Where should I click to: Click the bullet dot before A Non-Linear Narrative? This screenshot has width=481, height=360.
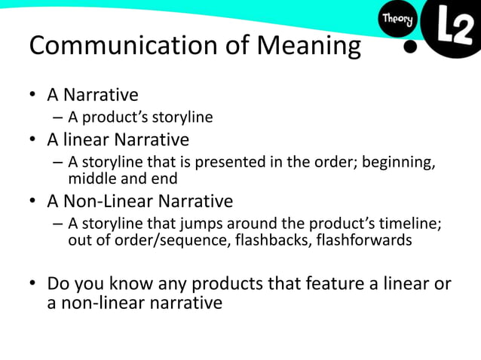33,202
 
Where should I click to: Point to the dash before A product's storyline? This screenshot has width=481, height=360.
58,117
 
